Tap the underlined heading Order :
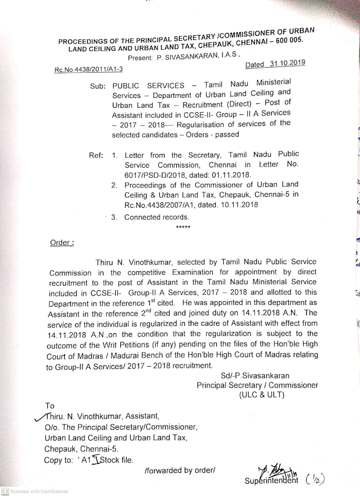pyautogui.click(x=62, y=243)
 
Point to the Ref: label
pyautogui.click(x=96, y=156)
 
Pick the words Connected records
pyautogui.click(x=157, y=217)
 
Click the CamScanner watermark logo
pyautogui.click(x=5, y=491)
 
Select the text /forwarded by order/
pyautogui.click(x=179, y=470)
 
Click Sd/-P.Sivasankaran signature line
pyautogui.click(x=255, y=375)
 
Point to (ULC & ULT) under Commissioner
pyautogui.click(x=262, y=395)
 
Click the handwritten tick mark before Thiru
pyautogui.click(x=40, y=416)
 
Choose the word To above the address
pyautogui.click(x=50, y=406)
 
